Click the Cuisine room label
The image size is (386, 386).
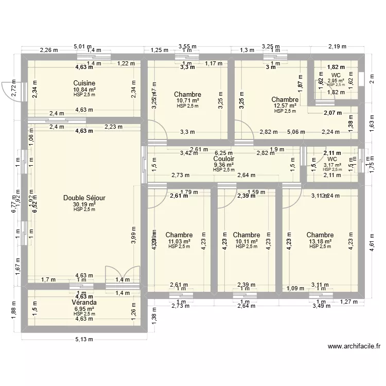click(x=84, y=83)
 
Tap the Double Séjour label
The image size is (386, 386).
click(x=84, y=198)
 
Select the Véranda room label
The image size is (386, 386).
click(x=84, y=302)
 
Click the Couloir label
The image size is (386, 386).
click(x=224, y=159)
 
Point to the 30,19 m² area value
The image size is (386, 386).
click(x=84, y=204)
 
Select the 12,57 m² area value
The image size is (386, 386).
click(x=285, y=106)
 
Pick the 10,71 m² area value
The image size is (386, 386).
click(x=187, y=100)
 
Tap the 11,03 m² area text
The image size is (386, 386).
click(x=179, y=241)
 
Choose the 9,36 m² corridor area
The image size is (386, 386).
click(x=224, y=165)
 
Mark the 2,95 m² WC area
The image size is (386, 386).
click(x=336, y=81)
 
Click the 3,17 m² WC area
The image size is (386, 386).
click(x=332, y=165)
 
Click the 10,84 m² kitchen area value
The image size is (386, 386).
click(x=84, y=89)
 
